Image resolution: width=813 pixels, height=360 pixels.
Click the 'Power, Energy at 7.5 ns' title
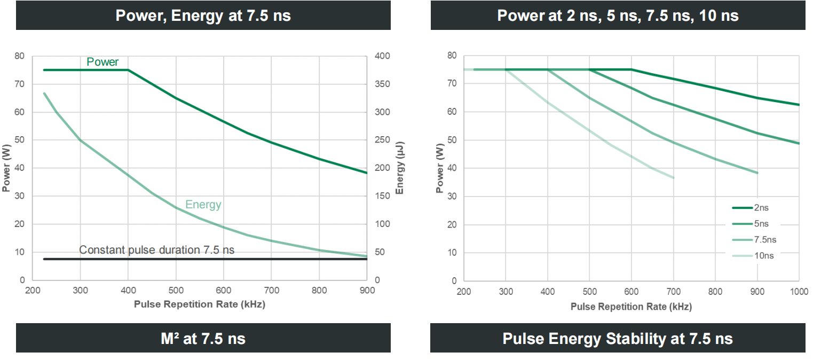[203, 15]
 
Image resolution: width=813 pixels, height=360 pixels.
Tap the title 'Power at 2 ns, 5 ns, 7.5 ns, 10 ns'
[618, 15]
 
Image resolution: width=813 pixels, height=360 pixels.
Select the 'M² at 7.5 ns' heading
[203, 338]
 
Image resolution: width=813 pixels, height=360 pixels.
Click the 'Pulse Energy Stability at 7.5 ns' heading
[618, 338]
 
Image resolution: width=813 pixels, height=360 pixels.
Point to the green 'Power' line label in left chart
[102, 62]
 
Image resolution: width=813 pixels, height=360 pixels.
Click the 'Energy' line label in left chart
[203, 204]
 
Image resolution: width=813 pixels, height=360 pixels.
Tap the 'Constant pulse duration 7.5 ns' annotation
[156, 250]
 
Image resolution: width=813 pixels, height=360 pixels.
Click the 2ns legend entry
[753, 207]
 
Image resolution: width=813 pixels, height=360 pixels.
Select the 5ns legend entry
[753, 223]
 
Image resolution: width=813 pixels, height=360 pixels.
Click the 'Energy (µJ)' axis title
[400, 168]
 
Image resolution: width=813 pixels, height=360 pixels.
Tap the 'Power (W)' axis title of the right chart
[440, 168]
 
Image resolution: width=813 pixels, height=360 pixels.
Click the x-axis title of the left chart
[199, 304]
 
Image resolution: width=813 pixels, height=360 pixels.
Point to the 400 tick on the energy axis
[383, 56]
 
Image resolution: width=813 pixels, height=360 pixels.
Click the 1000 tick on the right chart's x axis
[798, 291]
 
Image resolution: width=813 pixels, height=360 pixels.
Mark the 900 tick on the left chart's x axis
[367, 291]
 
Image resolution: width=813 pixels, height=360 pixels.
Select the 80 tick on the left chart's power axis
[19, 56]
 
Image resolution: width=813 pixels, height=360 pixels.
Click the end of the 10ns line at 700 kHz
[674, 178]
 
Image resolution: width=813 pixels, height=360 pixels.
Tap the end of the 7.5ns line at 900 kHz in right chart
[757, 173]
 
